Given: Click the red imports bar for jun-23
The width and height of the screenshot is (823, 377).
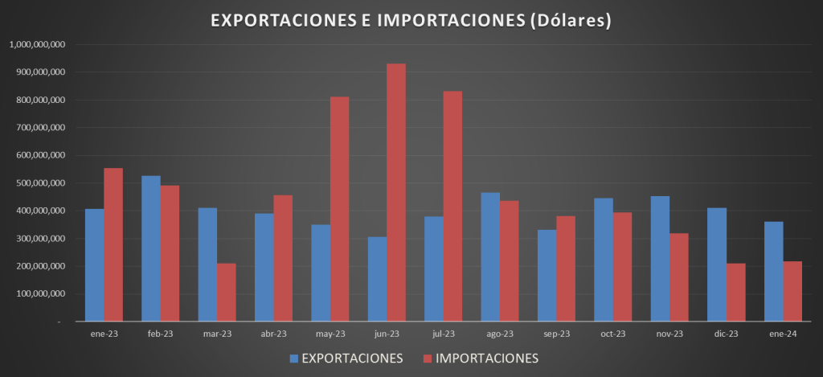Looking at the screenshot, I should coord(396,193).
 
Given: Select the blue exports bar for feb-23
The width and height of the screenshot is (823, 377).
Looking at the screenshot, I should coord(151,248).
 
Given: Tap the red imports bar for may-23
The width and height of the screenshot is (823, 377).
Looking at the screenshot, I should coord(340,209).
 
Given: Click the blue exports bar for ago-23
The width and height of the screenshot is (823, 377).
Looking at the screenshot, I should coord(490,257).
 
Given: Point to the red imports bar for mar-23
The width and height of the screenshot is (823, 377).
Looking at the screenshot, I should coord(227,293).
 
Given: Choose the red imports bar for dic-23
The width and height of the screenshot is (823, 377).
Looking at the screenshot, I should coord(735,293).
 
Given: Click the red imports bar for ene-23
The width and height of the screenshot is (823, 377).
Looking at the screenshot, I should coord(113,245).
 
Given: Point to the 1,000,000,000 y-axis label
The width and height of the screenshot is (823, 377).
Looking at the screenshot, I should coord(39,44).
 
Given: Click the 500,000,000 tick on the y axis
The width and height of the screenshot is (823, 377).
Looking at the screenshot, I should coord(42,183).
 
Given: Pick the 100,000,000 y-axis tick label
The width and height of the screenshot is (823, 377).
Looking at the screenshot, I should coord(42,294).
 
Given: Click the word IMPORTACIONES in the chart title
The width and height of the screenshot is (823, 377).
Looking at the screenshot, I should coord(443,20).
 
